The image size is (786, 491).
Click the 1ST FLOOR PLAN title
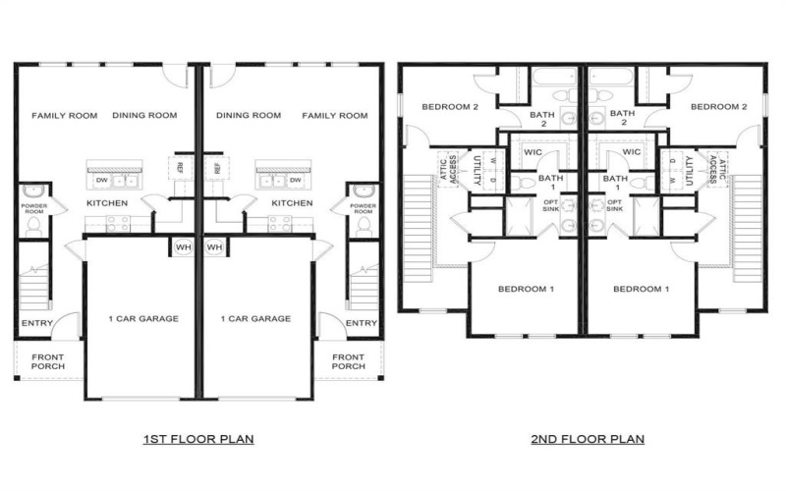click(198, 439)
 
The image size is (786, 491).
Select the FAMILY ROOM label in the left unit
click(65, 116)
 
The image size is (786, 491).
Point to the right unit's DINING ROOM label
click(248, 116)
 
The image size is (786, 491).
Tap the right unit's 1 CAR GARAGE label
click(255, 318)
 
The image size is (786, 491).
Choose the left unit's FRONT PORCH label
click(47, 361)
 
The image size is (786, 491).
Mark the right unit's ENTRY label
click(362, 323)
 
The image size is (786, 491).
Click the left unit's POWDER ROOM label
click(34, 208)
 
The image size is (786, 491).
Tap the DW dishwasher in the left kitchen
click(102, 181)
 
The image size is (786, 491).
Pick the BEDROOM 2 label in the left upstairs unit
click(450, 106)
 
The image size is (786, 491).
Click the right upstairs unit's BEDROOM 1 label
click(641, 289)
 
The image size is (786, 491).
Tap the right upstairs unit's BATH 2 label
click(621, 119)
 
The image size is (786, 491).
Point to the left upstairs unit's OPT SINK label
click(549, 205)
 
